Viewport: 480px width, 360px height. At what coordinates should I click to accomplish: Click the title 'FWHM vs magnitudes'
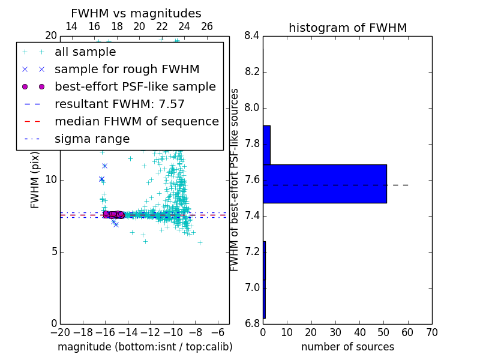tap(136, 13)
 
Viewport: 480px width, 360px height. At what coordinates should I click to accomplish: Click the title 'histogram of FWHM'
tap(347, 28)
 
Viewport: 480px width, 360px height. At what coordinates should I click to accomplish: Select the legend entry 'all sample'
tap(85, 52)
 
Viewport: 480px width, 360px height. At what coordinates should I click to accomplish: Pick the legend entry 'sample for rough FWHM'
tap(127, 70)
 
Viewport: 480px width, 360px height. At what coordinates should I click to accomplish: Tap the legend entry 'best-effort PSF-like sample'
tap(135, 87)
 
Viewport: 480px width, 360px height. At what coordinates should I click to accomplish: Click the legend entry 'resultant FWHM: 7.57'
tap(119, 104)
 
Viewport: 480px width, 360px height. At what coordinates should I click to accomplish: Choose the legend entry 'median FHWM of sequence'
tap(136, 122)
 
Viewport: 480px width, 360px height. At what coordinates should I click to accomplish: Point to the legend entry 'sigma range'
tap(92, 139)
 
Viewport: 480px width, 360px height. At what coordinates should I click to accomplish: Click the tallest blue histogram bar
tap(325, 184)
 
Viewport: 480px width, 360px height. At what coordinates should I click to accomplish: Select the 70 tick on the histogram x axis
tap(431, 332)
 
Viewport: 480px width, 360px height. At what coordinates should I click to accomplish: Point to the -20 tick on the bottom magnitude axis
tap(60, 332)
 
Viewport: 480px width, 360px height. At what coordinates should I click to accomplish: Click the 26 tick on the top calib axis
tap(207, 26)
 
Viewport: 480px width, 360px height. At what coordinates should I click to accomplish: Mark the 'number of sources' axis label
tap(347, 347)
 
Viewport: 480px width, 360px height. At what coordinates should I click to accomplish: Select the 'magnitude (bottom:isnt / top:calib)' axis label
tap(145, 347)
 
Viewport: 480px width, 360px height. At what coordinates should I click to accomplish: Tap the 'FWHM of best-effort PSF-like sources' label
tap(235, 180)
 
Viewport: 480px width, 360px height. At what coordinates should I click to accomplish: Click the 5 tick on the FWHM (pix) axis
tap(53, 251)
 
